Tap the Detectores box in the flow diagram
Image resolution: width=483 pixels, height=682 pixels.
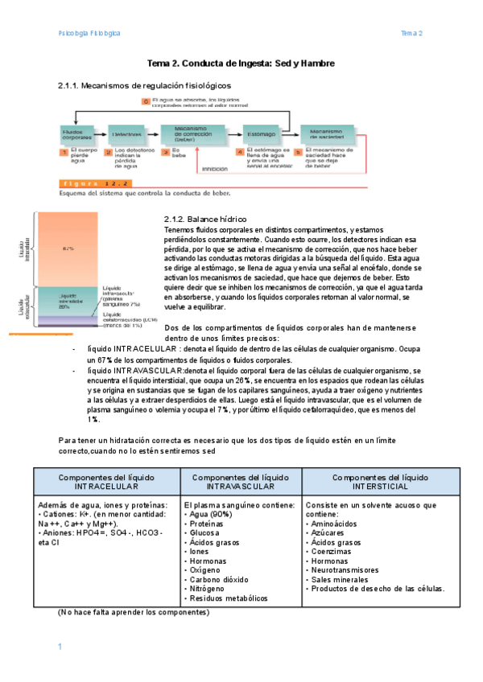(x=127, y=134)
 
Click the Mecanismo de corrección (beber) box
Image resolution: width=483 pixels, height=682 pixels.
(x=188, y=134)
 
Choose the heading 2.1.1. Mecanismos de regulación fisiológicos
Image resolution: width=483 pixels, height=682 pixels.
(x=144, y=85)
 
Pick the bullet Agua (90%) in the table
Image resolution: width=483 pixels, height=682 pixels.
(x=213, y=515)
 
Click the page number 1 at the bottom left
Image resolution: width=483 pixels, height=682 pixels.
(x=60, y=647)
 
